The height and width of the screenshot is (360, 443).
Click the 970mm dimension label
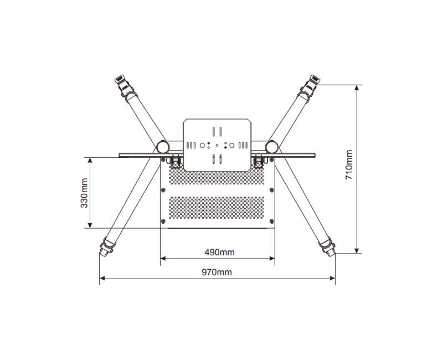click(x=217, y=272)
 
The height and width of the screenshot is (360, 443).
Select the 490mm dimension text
click(x=219, y=252)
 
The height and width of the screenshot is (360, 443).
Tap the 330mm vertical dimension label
click(x=84, y=193)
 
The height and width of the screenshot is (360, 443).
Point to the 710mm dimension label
click(x=349, y=164)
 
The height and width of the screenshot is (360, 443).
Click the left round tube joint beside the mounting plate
click(x=163, y=147)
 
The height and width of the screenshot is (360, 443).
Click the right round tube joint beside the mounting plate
click(x=271, y=147)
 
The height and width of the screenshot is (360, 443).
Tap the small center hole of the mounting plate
click(x=217, y=145)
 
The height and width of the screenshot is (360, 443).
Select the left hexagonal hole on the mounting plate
click(x=202, y=145)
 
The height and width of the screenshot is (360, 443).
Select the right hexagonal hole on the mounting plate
click(x=231, y=145)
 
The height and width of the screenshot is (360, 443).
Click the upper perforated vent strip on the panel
click(x=217, y=176)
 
